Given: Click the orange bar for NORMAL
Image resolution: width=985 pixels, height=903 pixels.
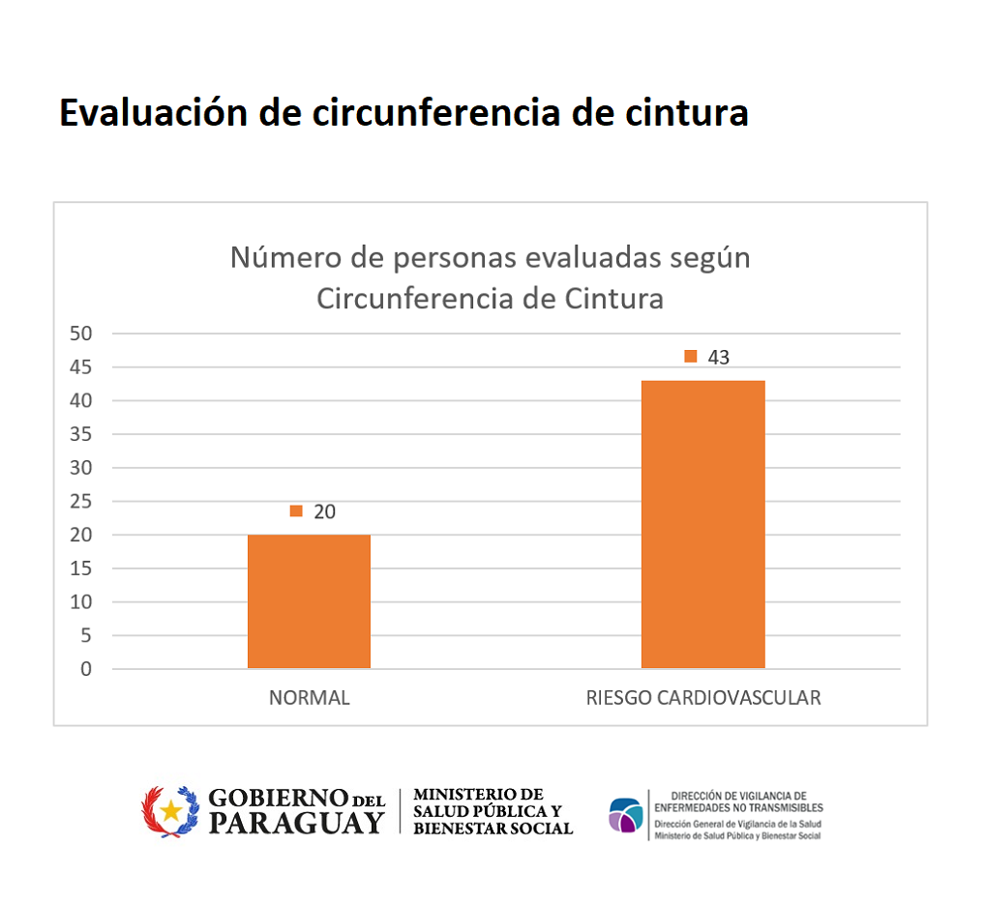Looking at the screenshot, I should pyautogui.click(x=309, y=600).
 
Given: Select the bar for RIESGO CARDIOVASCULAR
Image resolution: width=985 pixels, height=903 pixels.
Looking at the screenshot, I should pyautogui.click(x=702, y=524).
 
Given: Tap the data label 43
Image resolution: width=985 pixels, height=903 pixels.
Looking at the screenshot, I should pyautogui.click(x=718, y=357).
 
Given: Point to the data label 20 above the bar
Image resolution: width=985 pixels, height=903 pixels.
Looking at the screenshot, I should pyautogui.click(x=324, y=511).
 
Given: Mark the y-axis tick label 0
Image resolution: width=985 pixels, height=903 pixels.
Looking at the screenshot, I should pyautogui.click(x=86, y=669).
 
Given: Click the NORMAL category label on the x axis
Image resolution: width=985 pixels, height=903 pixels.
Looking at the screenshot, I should pyautogui.click(x=309, y=698).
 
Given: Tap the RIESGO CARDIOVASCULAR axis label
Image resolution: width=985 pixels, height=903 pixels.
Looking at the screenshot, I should pyautogui.click(x=702, y=698).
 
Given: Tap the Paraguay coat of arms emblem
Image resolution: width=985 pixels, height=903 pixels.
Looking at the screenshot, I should pyautogui.click(x=170, y=811).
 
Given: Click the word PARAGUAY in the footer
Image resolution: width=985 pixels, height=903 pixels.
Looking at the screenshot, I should pyautogui.click(x=297, y=823).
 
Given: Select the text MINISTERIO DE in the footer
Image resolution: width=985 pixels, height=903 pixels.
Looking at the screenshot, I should pyautogui.click(x=478, y=795).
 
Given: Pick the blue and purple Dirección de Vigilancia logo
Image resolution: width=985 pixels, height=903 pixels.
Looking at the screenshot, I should pyautogui.click(x=625, y=815).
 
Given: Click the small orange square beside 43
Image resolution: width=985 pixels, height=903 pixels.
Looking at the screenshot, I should pyautogui.click(x=691, y=356).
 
